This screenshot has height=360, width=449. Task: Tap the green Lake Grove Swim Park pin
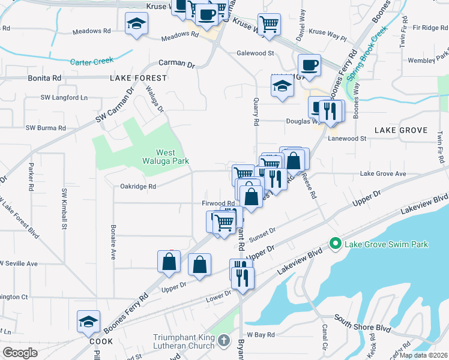[x=335, y=244]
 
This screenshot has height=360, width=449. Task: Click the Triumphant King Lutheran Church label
[x=184, y=341]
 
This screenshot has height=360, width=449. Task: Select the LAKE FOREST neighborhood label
[x=138, y=78]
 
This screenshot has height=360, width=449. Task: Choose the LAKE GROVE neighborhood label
[x=400, y=130]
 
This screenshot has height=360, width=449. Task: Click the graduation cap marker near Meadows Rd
[x=137, y=24]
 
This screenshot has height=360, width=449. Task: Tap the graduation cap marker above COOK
[x=88, y=322]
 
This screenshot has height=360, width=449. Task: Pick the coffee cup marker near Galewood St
[x=309, y=64]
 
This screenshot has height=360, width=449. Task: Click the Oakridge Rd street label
[x=137, y=186]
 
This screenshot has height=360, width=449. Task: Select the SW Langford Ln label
[x=64, y=97]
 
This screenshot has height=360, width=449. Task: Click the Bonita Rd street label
[x=44, y=78]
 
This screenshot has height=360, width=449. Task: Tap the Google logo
[x=20, y=353]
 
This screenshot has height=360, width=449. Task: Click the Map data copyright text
[x=424, y=355]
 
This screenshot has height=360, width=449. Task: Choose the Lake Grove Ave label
[x=383, y=173]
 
